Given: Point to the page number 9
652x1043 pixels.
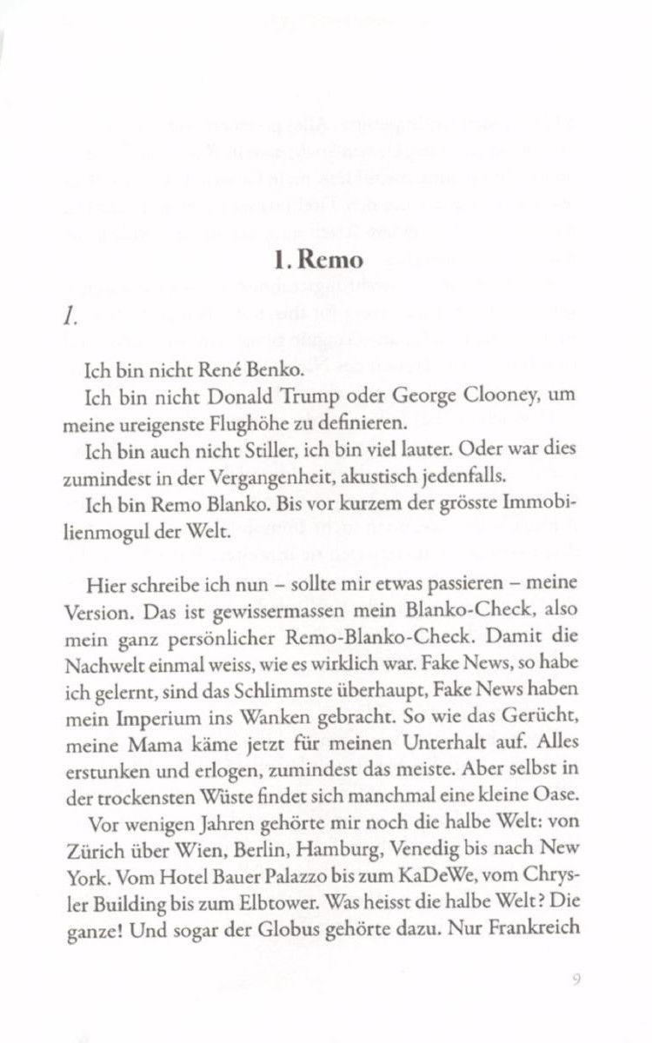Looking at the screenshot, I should coord(576,981).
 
